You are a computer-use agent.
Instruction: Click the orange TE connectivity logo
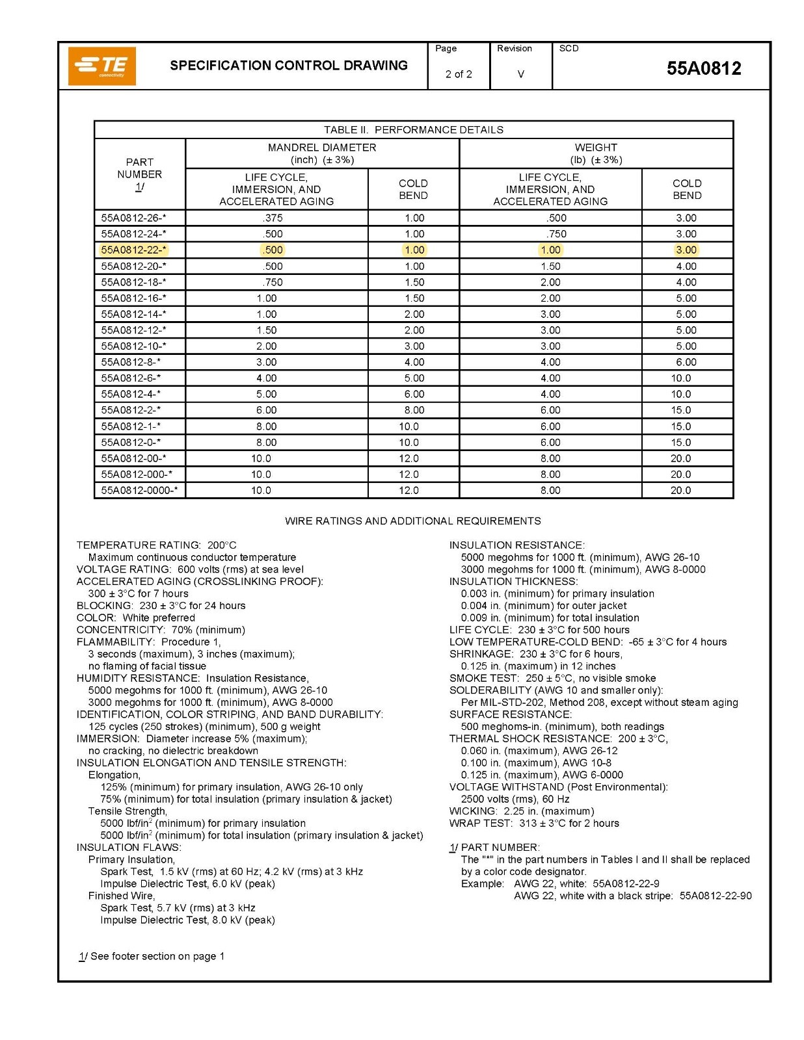tap(102, 66)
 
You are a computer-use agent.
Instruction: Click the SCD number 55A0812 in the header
tap(703, 68)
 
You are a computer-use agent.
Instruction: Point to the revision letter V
tap(520, 74)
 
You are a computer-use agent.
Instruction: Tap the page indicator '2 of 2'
tap(459, 74)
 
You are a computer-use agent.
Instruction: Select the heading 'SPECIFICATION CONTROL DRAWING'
tap(289, 66)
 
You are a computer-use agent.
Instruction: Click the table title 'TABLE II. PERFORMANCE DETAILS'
tap(413, 129)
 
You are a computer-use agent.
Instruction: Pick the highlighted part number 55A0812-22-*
tap(134, 250)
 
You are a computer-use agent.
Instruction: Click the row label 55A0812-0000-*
tap(139, 490)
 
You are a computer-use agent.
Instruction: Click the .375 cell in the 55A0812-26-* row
tap(273, 218)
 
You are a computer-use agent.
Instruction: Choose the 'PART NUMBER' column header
tap(139, 174)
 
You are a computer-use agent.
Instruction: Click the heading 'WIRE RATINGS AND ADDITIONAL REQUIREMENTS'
tap(412, 521)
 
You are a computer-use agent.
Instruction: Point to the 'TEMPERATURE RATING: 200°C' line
tap(156, 545)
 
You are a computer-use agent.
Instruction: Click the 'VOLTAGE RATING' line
tap(190, 569)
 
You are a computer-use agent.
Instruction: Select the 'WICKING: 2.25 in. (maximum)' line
tap(522, 811)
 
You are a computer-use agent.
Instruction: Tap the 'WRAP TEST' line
tap(534, 823)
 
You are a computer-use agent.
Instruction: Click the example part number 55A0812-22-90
tap(715, 896)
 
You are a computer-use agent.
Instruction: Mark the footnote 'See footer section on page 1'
tap(152, 956)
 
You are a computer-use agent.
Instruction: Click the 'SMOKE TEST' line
tap(552, 678)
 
